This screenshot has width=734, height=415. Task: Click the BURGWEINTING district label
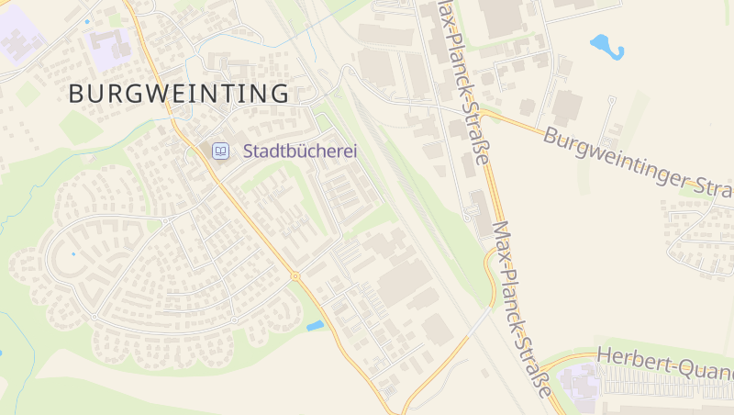point(179,93)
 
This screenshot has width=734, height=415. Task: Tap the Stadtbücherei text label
point(299,151)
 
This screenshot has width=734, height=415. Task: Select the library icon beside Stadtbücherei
point(220,151)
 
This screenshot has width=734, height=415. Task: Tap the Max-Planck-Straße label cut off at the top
point(462,83)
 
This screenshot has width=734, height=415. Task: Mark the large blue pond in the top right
point(606,45)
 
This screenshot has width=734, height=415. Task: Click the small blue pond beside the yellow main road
point(315,325)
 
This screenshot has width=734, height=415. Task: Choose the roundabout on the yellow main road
point(295,275)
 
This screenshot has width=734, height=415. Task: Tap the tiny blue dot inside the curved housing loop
point(73,253)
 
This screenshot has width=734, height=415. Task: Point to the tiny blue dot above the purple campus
point(88,20)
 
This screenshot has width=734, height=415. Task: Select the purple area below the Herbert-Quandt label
point(580,381)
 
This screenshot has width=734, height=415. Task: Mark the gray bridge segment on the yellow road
point(478,320)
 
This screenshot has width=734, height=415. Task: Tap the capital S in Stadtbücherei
point(249,151)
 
